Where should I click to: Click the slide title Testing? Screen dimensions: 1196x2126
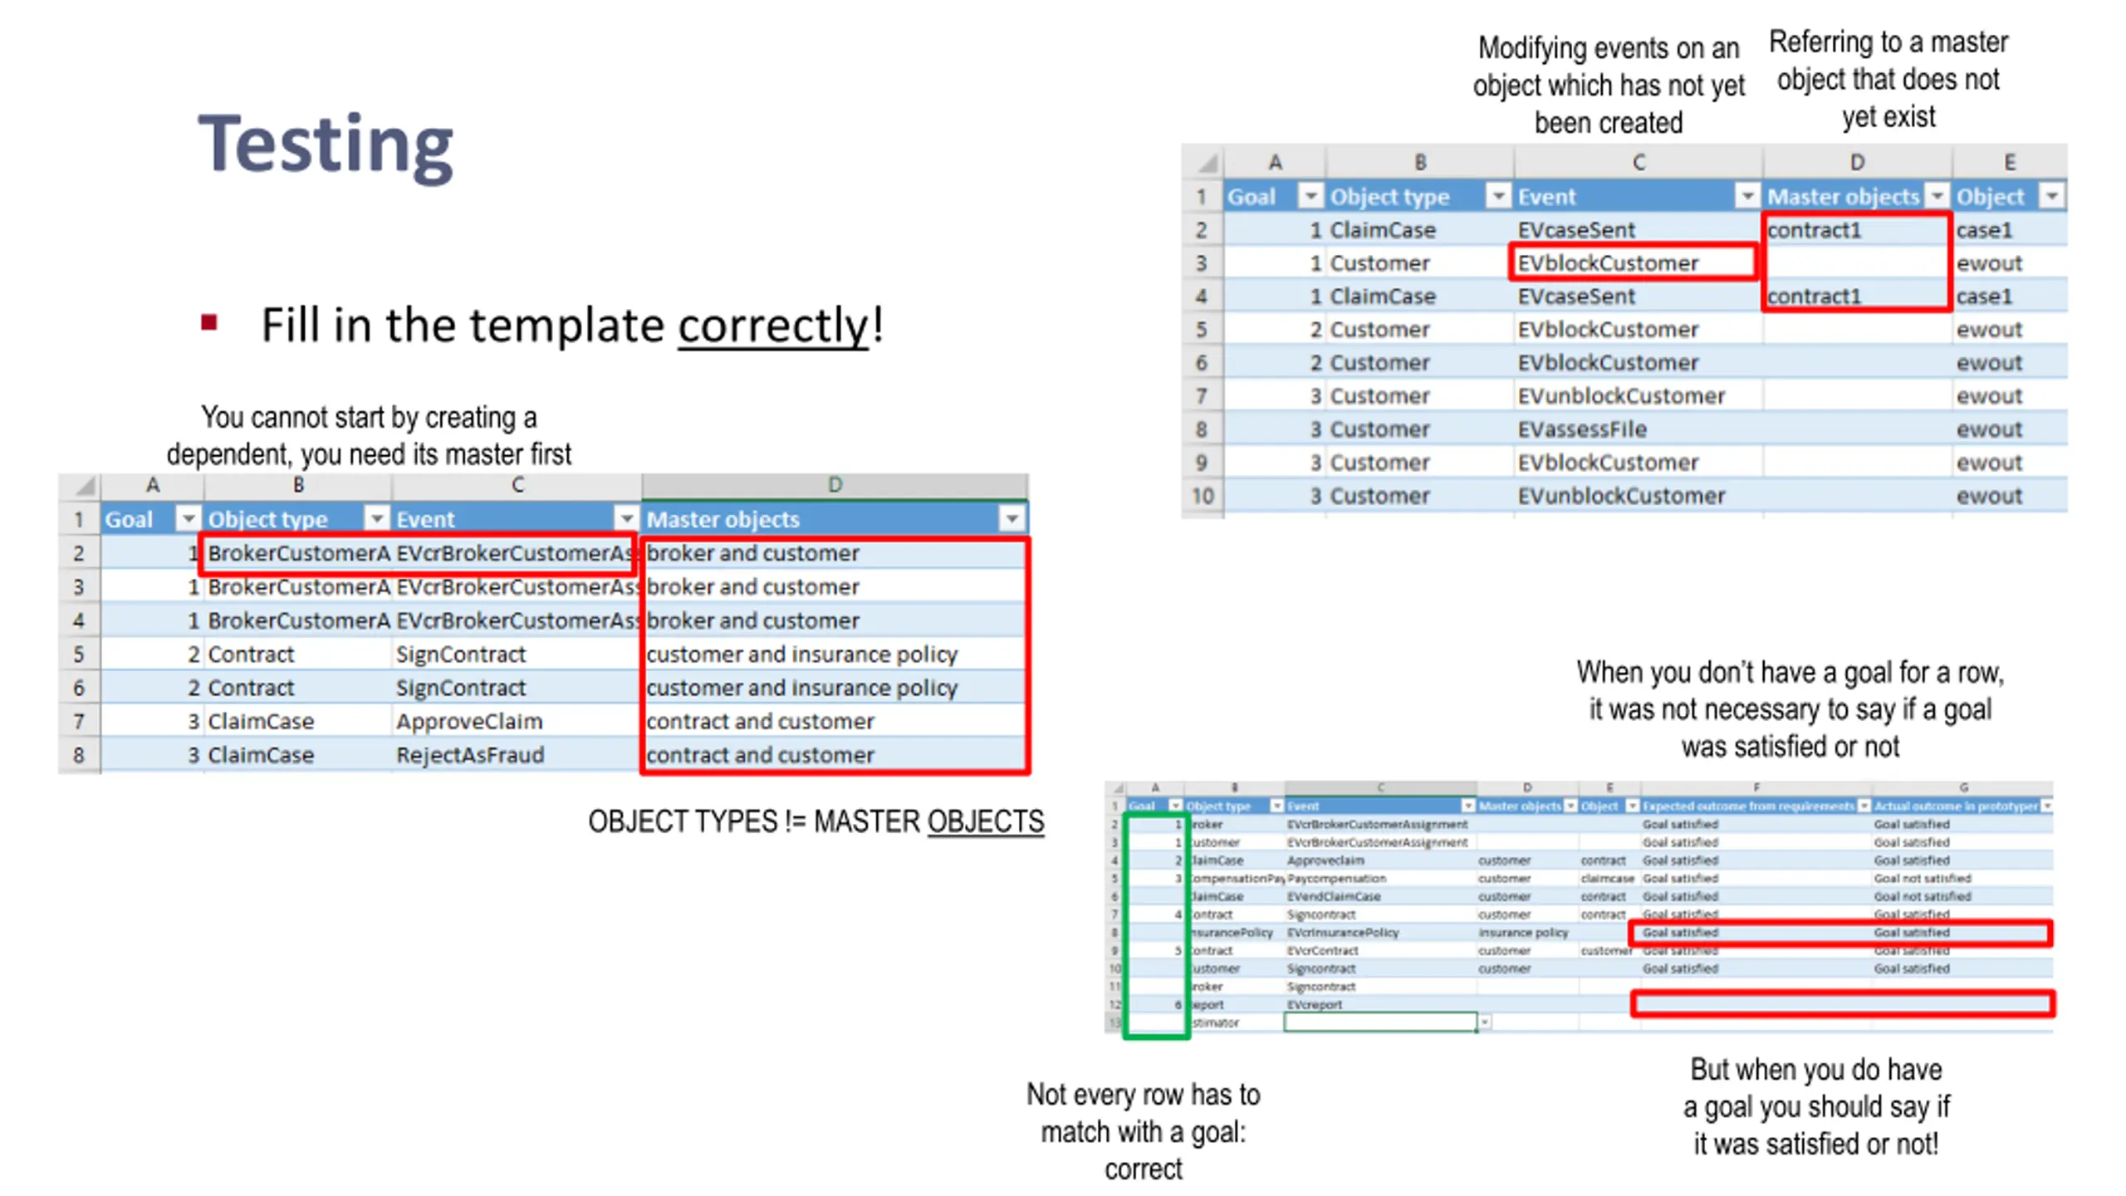tap(326, 145)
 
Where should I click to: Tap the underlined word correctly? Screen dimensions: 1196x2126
tap(773, 325)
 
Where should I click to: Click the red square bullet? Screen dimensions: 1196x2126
tap(208, 322)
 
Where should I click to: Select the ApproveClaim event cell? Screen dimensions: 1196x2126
tap(468, 721)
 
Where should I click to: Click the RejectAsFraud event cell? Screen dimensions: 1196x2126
tap(469, 755)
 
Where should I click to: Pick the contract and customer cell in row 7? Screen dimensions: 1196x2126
tap(760, 721)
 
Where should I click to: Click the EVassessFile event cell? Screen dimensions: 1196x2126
tap(1581, 429)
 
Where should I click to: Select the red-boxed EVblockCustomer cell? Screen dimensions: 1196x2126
tap(1607, 263)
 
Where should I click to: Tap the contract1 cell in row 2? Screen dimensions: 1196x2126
tap(1814, 230)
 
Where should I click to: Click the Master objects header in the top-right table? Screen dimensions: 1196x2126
tap(1842, 197)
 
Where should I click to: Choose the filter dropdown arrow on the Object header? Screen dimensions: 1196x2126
tap(2051, 197)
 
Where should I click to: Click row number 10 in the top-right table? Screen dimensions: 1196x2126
tap(1202, 496)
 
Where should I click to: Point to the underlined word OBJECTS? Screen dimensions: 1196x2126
tap(985, 821)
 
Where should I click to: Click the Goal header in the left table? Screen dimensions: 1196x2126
tap(130, 520)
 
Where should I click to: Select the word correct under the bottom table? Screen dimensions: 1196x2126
tap(1143, 1169)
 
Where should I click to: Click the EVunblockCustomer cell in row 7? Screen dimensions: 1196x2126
tap(1620, 396)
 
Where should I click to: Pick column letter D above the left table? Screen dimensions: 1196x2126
tap(835, 485)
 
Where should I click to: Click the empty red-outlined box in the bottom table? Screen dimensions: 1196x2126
tap(1842, 1003)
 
